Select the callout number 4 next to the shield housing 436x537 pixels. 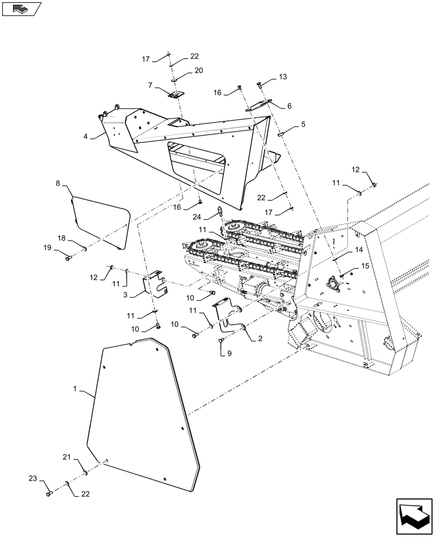[85, 136]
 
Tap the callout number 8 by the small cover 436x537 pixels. [58, 184]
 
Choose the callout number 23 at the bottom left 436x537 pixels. [32, 477]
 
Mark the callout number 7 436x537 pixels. [151, 85]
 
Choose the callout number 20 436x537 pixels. [184, 70]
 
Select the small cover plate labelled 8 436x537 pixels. [102, 221]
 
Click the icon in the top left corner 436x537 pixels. [21, 8]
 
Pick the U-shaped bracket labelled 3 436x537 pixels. [155, 284]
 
